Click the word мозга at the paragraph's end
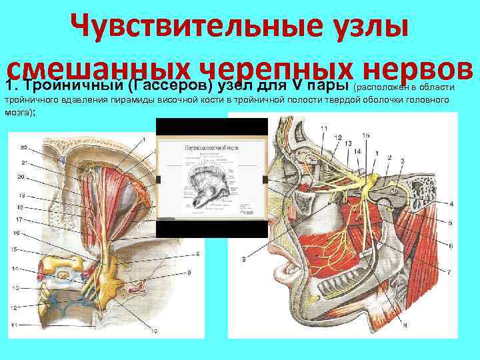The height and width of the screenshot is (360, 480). click(x=17, y=113)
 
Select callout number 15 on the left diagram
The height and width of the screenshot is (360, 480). click(x=15, y=249)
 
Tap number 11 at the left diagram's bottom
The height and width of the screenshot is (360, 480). click(x=15, y=325)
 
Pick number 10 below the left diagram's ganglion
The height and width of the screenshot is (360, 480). click(x=154, y=331)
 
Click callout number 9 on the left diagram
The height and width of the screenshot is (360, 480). click(x=189, y=273)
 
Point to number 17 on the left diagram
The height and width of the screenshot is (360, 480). click(x=21, y=219)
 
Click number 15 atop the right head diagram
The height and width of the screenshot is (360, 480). click(x=365, y=136)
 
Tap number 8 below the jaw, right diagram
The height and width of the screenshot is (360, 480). click(x=405, y=325)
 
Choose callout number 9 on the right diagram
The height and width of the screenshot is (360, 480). click(x=245, y=259)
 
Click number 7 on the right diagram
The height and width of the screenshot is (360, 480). click(x=449, y=272)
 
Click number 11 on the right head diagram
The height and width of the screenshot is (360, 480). click(x=324, y=129)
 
